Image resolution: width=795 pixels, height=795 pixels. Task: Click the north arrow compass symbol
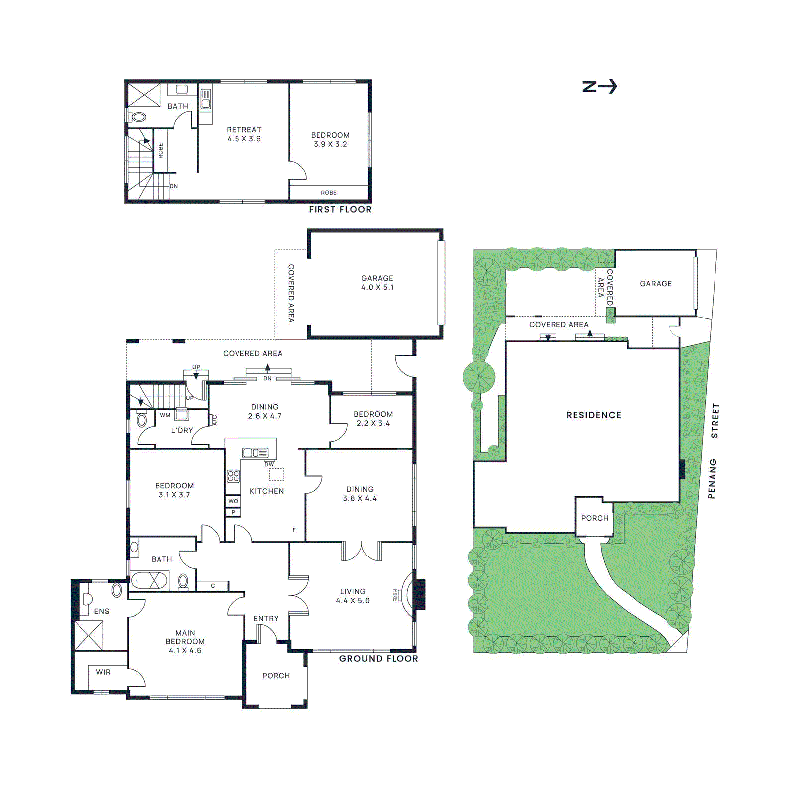pos(599,87)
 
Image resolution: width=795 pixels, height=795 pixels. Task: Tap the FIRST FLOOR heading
pos(340,210)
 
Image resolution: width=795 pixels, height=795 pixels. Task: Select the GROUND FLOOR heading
pos(379,659)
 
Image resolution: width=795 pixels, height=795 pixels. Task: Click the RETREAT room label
pos(244,130)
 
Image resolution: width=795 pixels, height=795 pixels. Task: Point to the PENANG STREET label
pos(714,451)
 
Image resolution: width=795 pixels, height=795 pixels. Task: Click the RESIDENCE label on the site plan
pos(594,415)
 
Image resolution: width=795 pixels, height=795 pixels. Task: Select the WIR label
pos(103,672)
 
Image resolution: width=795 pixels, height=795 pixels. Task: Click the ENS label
pos(102,612)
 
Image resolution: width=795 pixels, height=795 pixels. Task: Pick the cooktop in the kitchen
pos(233,477)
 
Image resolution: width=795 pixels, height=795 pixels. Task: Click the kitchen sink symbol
pos(255,453)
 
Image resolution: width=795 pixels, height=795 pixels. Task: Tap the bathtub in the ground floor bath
pos(149,580)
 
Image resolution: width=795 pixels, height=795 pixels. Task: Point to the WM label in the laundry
pos(165,415)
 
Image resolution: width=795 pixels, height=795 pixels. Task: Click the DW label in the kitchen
pos(269,464)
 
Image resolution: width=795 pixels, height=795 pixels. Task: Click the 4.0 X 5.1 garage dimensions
pos(377,287)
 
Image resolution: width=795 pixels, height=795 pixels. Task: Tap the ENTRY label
pos(266,619)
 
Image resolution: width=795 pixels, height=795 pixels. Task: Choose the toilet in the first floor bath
pos(139,117)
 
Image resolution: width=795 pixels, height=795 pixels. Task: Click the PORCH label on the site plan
pos(595,518)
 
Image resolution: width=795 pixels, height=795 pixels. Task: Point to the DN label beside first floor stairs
pos(174,187)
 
